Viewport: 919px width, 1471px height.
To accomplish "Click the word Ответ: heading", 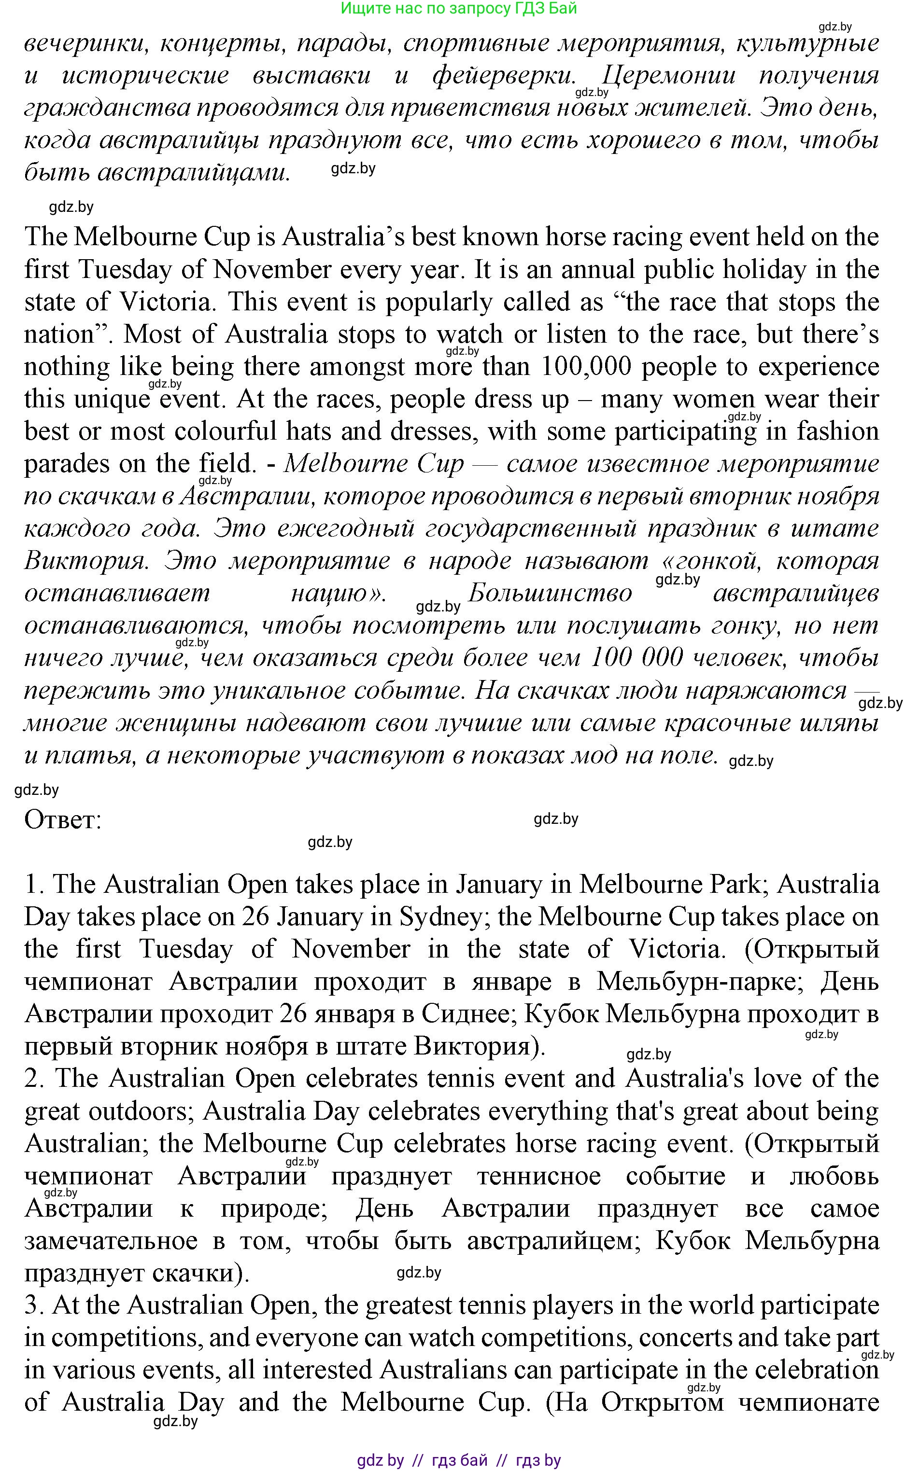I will (63, 820).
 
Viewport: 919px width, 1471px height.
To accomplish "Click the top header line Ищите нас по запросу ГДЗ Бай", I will (459, 9).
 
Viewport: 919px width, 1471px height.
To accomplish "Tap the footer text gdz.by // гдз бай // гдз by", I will (459, 1460).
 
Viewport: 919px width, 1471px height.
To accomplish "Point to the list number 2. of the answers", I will (35, 1079).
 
